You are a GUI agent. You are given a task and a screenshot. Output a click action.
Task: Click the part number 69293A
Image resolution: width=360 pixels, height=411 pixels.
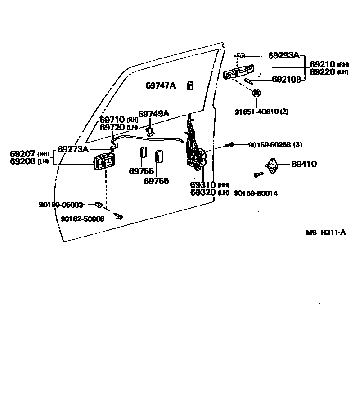click(x=283, y=55)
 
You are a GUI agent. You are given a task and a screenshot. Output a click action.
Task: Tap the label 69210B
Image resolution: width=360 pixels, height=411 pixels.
click(x=286, y=80)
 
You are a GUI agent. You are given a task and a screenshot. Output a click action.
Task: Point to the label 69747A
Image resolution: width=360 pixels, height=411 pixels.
click(x=161, y=85)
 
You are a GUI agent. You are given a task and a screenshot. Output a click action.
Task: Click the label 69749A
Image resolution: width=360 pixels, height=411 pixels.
click(x=153, y=114)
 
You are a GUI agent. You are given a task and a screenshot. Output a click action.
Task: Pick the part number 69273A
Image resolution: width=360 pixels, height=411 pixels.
click(x=73, y=149)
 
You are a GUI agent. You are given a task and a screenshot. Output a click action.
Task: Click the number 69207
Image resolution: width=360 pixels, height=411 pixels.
click(x=22, y=154)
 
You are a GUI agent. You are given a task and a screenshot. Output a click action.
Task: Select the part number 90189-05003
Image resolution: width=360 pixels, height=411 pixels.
click(x=61, y=205)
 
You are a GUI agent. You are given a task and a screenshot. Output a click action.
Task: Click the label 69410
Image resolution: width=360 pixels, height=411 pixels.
click(x=304, y=164)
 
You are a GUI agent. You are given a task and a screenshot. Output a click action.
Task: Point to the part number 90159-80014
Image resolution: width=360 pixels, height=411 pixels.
click(x=256, y=193)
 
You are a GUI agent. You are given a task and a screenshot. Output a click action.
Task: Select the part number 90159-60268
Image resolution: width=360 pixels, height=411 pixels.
click(x=269, y=145)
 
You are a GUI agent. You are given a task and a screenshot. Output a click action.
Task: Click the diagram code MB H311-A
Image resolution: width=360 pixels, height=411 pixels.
click(x=326, y=232)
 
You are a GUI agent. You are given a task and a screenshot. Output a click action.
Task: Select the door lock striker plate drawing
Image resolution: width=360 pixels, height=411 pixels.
click(x=272, y=166)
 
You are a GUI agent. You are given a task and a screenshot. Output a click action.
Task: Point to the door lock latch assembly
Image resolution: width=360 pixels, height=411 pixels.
click(x=197, y=157)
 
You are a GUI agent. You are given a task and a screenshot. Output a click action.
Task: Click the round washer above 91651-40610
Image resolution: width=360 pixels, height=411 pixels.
click(x=256, y=93)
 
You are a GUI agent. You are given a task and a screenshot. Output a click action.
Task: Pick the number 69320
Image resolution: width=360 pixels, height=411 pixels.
click(x=203, y=192)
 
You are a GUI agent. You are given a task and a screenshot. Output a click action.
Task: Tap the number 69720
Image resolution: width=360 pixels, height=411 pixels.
click(x=112, y=128)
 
